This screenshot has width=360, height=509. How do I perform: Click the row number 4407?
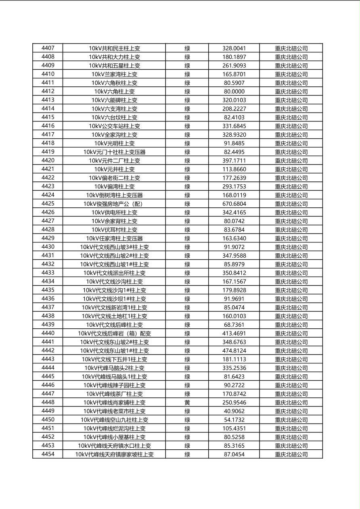[x=48, y=48]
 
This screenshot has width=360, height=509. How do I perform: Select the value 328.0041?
[x=234, y=48]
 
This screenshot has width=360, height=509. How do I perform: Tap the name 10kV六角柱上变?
[x=114, y=92]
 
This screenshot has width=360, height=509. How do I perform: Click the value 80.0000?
[x=234, y=92]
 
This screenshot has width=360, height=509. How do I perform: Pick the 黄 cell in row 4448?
[x=187, y=403]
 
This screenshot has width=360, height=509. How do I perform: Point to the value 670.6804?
[x=234, y=204]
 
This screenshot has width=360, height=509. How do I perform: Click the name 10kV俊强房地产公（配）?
[x=114, y=204]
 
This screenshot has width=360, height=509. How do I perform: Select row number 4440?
[x=48, y=334]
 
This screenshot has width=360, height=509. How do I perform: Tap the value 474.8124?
[x=234, y=351]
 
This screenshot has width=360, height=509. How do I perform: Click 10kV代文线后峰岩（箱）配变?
[x=114, y=334]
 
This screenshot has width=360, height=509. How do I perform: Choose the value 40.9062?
[x=234, y=411]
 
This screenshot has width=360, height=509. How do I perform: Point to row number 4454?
[x=48, y=455]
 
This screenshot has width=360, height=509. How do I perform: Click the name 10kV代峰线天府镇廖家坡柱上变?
[x=114, y=455]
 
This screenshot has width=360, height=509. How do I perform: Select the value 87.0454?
[x=234, y=455]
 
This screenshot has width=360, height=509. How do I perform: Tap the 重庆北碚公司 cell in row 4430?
[x=291, y=247]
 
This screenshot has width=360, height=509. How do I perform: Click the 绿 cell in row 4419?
[x=187, y=152]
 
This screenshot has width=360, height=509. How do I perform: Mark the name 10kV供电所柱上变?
[x=114, y=213]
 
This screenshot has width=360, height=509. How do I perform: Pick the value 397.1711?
[x=234, y=161]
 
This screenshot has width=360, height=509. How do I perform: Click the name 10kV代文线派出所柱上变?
[x=114, y=273]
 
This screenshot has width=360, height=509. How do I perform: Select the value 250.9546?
[x=234, y=403]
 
